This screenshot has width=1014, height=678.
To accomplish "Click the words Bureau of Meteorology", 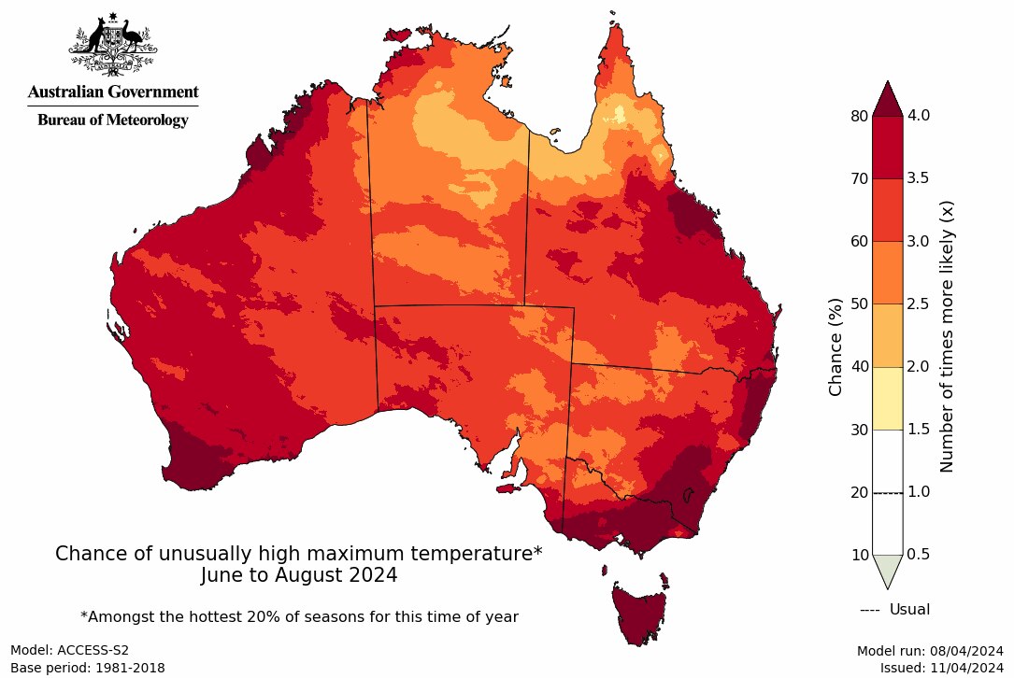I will point(112,120).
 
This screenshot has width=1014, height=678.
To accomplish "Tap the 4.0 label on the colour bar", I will point(920,116).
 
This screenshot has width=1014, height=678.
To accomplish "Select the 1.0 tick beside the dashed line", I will point(920,492).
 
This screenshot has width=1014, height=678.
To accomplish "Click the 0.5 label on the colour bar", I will point(920,555).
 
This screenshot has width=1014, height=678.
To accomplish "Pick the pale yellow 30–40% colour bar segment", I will point(887,398).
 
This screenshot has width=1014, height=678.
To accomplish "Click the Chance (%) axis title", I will point(835,346).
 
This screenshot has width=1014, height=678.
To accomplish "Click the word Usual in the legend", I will point(909,610).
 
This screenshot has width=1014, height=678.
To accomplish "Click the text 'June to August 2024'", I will point(299,576).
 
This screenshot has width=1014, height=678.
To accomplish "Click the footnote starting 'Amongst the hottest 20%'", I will point(299,616).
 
